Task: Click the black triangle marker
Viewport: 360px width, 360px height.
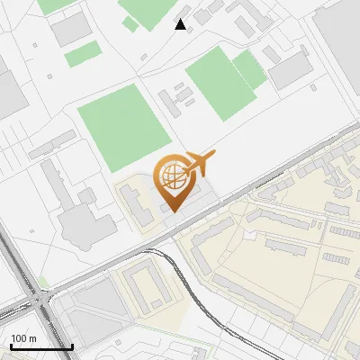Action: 181,24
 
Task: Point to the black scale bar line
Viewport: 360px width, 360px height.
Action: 41,346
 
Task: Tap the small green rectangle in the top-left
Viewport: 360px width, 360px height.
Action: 84,53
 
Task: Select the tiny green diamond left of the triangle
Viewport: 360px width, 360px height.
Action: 130,24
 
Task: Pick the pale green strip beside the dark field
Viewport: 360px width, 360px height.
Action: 249,69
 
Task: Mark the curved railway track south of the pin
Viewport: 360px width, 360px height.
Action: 193,288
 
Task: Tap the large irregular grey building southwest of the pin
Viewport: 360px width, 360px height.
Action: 85,216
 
